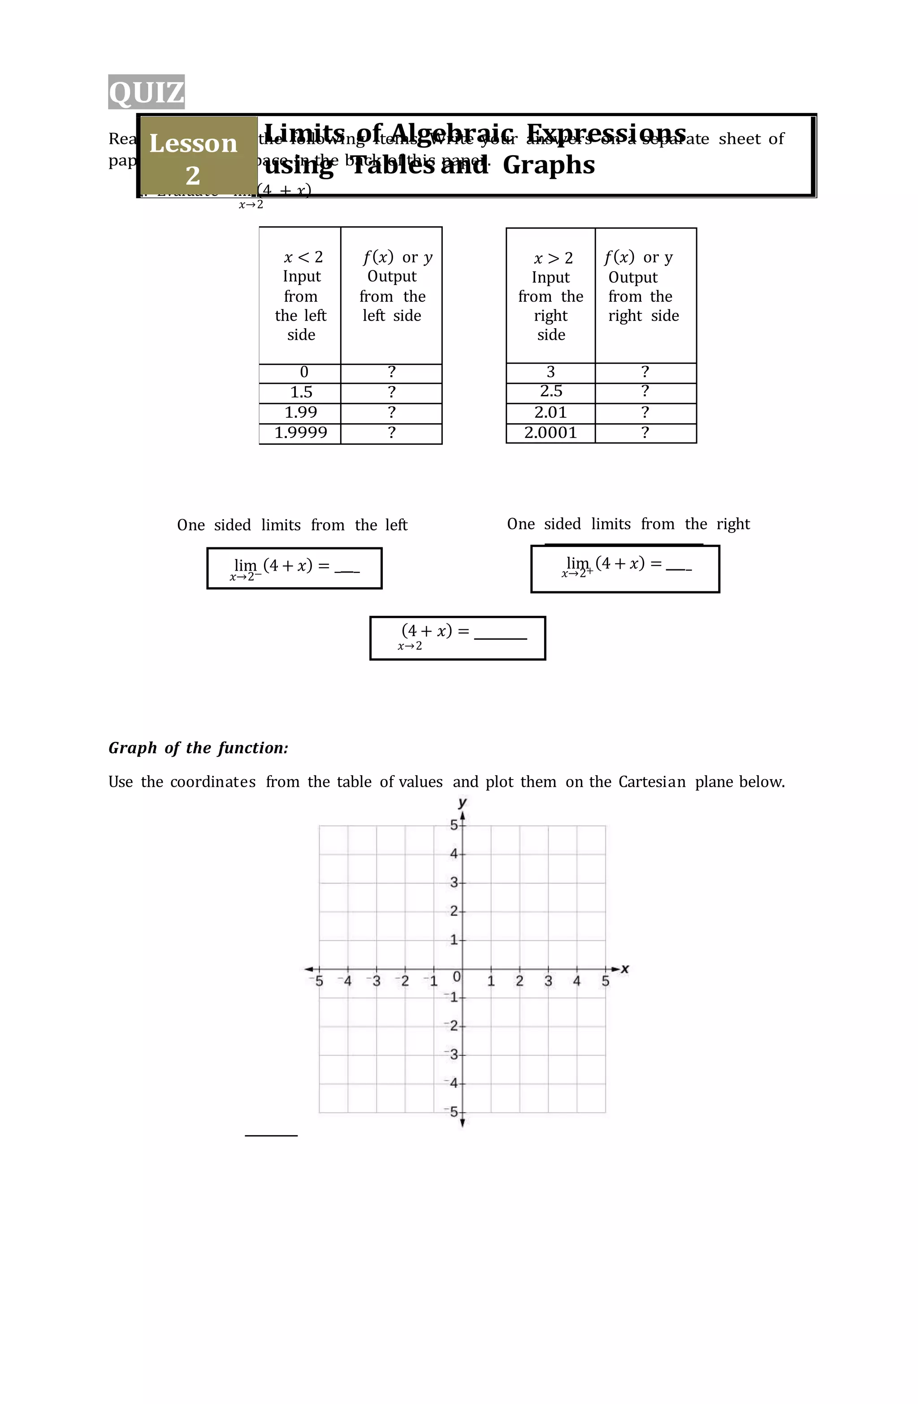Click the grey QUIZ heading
tap(146, 92)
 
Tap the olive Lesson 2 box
tap(194, 158)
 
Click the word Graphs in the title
tap(548, 165)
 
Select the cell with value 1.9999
tap(300, 433)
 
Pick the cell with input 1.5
tap(300, 393)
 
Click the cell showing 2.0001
tap(550, 433)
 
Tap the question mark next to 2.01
tap(645, 413)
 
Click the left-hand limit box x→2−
tap(294, 568)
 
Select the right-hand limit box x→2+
tap(625, 569)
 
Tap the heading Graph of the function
tap(198, 748)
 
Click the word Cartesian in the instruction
tap(652, 782)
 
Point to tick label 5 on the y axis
tap(454, 825)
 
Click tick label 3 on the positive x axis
tap(548, 981)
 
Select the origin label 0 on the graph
tap(456, 977)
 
